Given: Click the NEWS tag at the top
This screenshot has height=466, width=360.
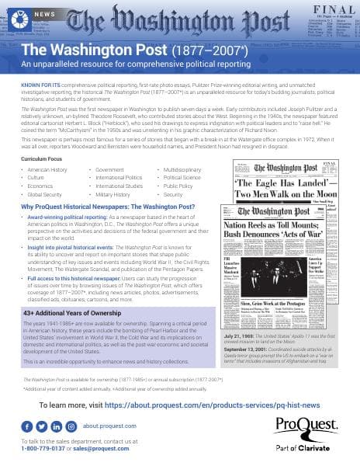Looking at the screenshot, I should click(x=43, y=14).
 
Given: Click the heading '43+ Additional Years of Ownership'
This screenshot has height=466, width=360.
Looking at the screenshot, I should click(x=74, y=290).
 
